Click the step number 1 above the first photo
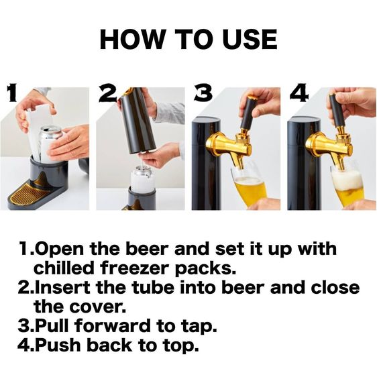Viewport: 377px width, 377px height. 11,93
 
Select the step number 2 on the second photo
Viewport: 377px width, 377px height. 107,95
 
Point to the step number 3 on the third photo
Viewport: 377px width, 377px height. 203,93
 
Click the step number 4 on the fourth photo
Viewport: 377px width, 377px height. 298,93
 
